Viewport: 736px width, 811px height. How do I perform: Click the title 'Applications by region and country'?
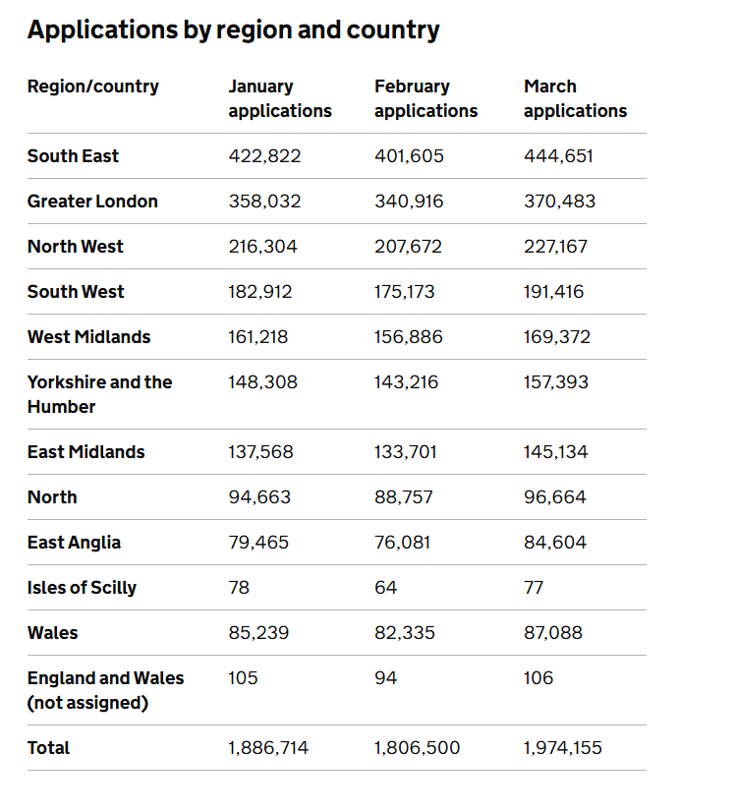point(234,30)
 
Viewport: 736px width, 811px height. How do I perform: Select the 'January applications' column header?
point(280,98)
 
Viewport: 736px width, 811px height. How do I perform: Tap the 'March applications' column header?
point(575,98)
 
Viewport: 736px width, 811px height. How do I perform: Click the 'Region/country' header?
point(93,87)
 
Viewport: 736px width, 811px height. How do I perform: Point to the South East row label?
point(73,155)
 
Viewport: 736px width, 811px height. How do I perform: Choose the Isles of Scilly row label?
point(82,588)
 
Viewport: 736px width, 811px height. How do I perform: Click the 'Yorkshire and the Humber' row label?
point(100,394)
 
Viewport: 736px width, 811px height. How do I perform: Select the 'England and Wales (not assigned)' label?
point(105,690)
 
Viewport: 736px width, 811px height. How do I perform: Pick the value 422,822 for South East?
point(264,155)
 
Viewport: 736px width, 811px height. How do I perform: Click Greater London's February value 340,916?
point(409,202)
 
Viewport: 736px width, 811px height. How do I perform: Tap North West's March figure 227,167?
point(555,246)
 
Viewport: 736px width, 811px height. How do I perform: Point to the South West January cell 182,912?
point(260,292)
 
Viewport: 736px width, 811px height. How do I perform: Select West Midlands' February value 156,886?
point(409,337)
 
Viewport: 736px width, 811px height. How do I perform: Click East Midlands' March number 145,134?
point(555,452)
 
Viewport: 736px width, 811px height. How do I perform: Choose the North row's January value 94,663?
point(259,497)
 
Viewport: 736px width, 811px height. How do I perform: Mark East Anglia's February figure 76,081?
point(402,542)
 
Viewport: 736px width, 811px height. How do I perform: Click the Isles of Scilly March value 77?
point(534,588)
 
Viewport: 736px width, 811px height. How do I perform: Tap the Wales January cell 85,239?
point(258,632)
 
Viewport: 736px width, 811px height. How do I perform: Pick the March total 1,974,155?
point(563,748)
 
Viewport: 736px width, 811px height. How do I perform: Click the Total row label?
point(48,748)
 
